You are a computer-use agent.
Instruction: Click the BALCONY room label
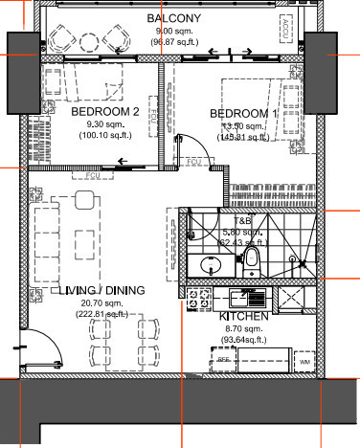point(172,18)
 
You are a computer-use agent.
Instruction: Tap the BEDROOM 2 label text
point(105,112)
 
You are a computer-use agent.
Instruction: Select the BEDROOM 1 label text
point(243,114)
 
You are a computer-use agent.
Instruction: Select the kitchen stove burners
point(201,299)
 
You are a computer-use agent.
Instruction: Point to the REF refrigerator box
point(222,361)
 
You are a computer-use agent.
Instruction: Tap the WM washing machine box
point(304,362)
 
